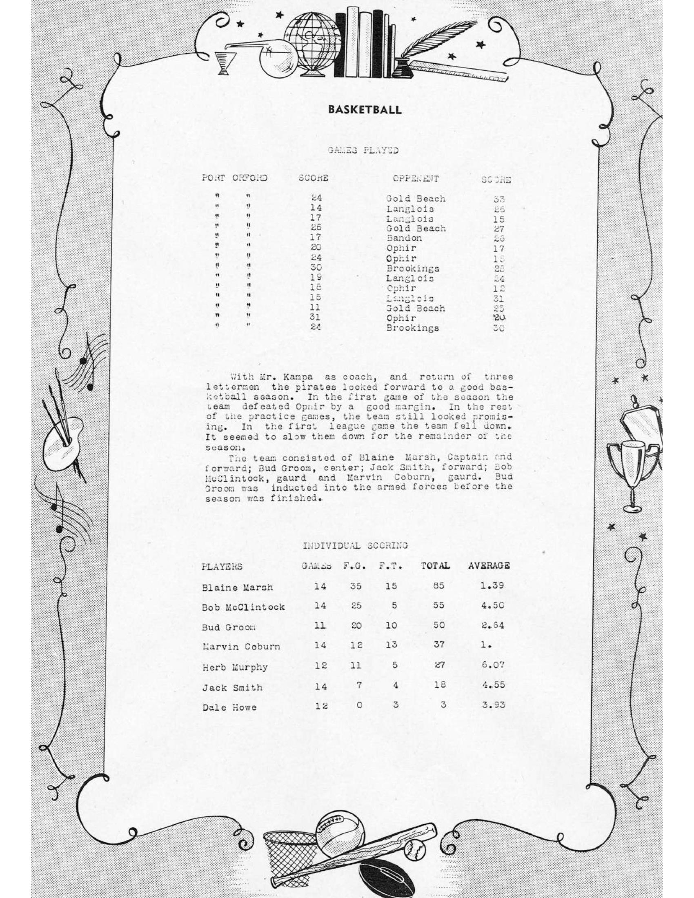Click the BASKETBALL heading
[x=364, y=110]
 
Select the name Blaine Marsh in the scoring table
[x=237, y=587]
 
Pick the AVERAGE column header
[x=489, y=566]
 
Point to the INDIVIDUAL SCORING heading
[x=355, y=546]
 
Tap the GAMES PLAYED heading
[x=363, y=151]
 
